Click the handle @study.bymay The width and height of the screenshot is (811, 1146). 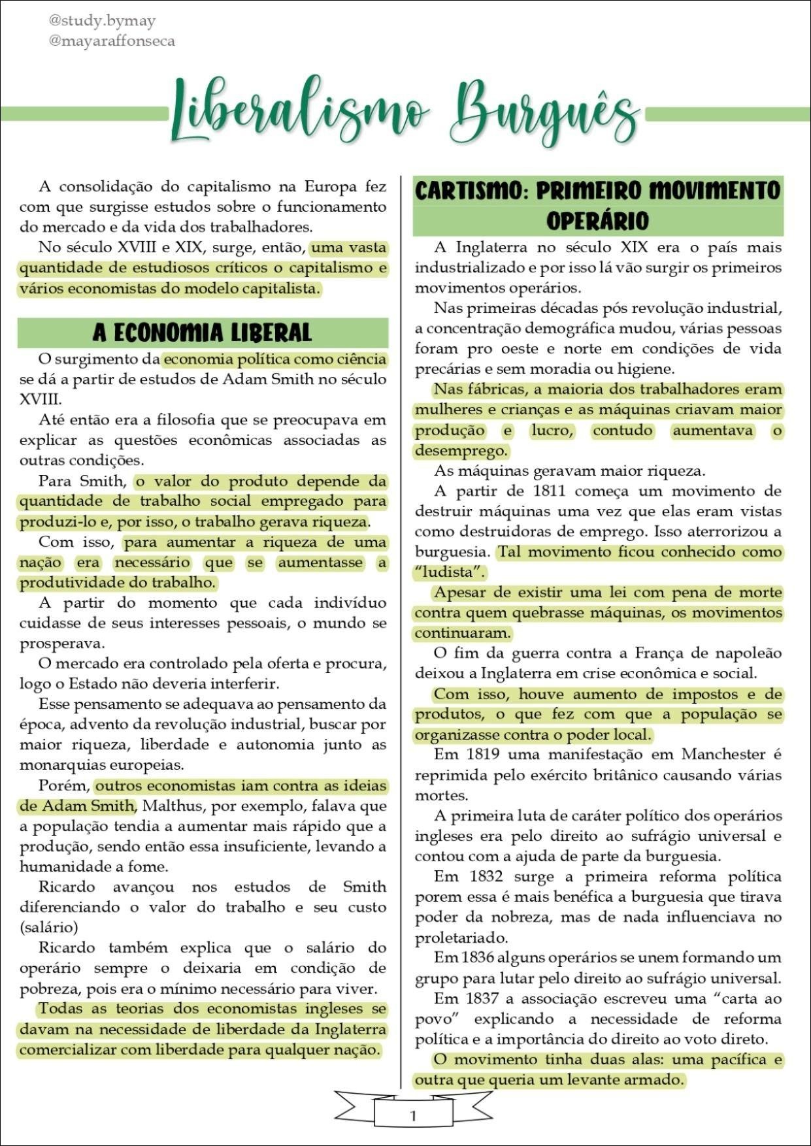coord(102,21)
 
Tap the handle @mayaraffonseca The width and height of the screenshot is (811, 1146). coord(112,41)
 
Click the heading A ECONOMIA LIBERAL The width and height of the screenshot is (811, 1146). coord(202,333)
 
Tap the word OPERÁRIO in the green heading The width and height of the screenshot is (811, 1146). coord(597,221)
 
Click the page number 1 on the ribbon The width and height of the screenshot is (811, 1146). coord(412,1116)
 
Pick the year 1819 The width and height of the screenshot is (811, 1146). coord(484,755)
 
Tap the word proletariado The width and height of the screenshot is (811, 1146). coord(461,938)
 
